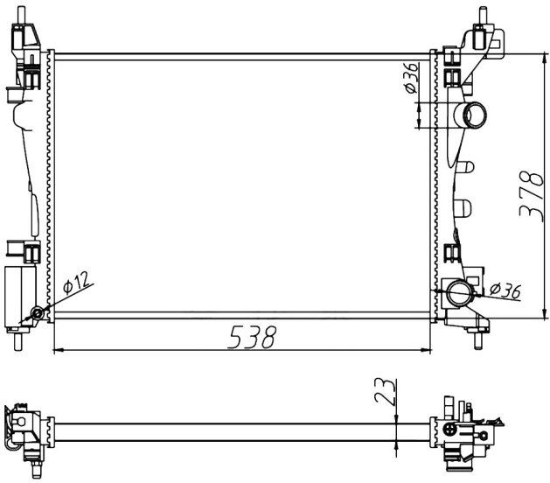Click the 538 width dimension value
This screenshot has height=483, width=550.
(x=251, y=338)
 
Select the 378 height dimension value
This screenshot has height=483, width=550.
(x=532, y=196)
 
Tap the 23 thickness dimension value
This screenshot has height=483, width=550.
(x=385, y=392)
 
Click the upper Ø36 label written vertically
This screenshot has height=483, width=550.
(x=411, y=78)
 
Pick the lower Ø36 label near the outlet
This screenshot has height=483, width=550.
(x=505, y=290)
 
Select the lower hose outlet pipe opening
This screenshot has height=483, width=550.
(x=460, y=294)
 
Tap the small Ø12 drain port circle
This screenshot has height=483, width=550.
(x=37, y=312)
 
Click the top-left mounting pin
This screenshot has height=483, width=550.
(x=21, y=15)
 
